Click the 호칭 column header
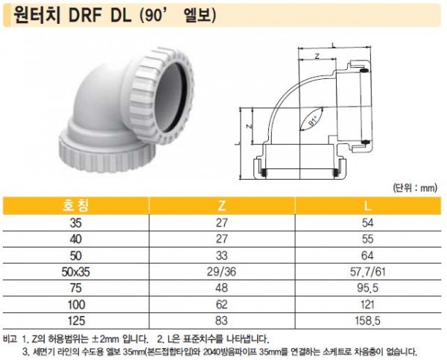tap(75, 206)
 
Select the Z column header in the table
tap(221, 206)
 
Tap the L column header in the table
tap(368, 206)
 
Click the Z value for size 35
tap(221, 223)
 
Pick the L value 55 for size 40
tap(367, 239)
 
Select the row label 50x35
tap(75, 272)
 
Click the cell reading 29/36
tap(221, 272)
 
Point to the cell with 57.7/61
tap(367, 272)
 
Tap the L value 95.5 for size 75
tap(367, 288)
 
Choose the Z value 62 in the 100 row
tap(221, 305)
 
